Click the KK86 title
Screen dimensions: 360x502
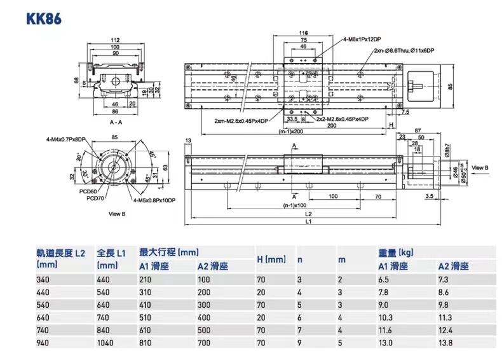pyautogui.click(x=44, y=18)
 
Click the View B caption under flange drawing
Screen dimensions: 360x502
pyautogui.click(x=118, y=214)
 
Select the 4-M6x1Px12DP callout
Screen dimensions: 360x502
pyautogui.click(x=360, y=39)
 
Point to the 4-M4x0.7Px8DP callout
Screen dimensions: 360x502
pyautogui.click(x=65, y=139)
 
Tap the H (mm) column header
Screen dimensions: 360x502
pyautogui.click(x=271, y=259)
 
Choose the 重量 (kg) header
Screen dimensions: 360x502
pyautogui.click(x=396, y=253)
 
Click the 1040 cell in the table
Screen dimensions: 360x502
pyautogui.click(x=105, y=343)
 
